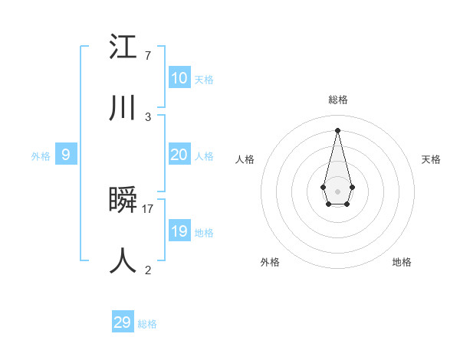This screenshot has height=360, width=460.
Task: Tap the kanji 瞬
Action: [x=123, y=200]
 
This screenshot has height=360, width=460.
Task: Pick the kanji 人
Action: [x=123, y=260]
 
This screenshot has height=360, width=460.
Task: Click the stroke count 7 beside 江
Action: [x=147, y=56]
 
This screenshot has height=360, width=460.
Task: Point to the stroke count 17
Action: [x=148, y=208]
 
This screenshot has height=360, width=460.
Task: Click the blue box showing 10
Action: [x=179, y=78]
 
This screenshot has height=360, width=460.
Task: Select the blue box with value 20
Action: [x=179, y=155]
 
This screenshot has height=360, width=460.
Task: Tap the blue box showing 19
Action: [x=179, y=231]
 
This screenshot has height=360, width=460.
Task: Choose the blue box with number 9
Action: [x=66, y=155]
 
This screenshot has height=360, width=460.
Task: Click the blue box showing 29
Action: [x=122, y=322]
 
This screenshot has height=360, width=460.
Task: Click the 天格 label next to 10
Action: [x=204, y=80]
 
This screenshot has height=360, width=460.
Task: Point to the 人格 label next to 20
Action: [x=204, y=156]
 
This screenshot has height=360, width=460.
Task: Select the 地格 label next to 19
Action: [x=204, y=233]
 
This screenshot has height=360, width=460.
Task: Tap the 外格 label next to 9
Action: [x=41, y=156]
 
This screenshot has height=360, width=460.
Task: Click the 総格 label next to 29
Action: [x=147, y=324]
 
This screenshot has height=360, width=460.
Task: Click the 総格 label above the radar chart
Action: [x=337, y=100]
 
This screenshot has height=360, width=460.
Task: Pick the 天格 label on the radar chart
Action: [x=431, y=159]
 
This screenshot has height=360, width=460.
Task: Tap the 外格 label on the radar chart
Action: [x=270, y=262]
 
